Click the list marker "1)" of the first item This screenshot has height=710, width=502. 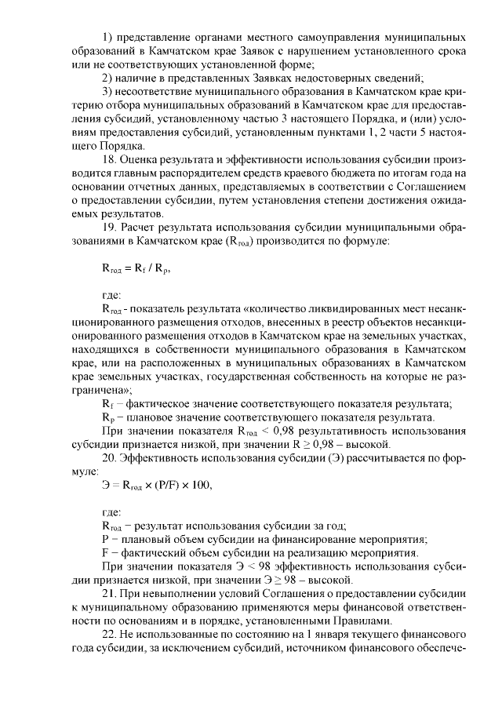tap(108, 37)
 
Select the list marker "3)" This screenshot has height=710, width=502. tap(108, 92)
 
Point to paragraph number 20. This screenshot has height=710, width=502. tap(111, 458)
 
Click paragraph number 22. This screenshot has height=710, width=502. tap(111, 634)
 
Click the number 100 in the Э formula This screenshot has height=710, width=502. tap(201, 485)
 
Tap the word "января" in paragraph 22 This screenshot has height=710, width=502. tap(338, 634)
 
